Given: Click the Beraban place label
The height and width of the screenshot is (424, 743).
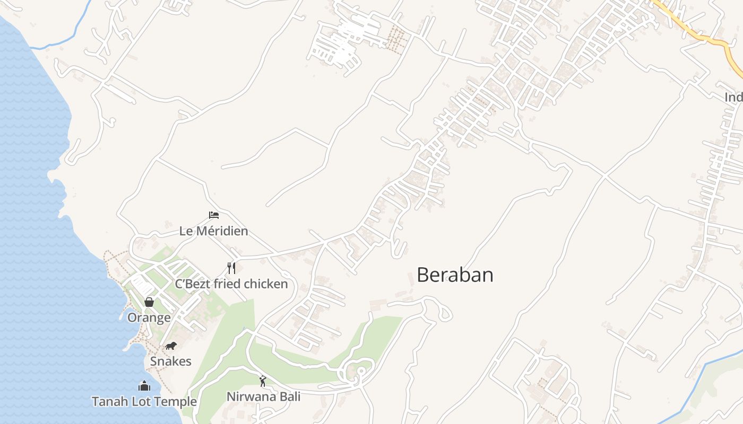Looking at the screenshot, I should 455,275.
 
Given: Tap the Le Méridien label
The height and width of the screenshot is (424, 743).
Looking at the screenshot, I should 213,231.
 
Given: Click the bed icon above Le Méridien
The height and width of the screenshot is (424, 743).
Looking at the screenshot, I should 214,215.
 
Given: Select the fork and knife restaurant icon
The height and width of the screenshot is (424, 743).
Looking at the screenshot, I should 231,268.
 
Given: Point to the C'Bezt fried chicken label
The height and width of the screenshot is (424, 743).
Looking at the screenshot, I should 231,284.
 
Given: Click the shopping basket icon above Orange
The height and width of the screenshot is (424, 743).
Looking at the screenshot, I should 149,302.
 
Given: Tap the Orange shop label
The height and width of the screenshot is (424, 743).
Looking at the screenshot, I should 149,317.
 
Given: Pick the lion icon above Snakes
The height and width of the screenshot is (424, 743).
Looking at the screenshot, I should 170,346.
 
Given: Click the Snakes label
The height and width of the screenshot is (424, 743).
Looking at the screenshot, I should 170,361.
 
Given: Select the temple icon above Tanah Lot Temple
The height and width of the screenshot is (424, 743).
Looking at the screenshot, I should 144,386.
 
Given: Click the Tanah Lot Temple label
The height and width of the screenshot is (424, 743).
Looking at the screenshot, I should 144,401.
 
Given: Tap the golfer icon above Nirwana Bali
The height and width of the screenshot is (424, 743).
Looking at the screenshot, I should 263,381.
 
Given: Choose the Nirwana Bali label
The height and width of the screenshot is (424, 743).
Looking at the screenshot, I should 263,396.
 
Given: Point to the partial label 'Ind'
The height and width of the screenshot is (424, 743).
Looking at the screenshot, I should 733,98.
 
